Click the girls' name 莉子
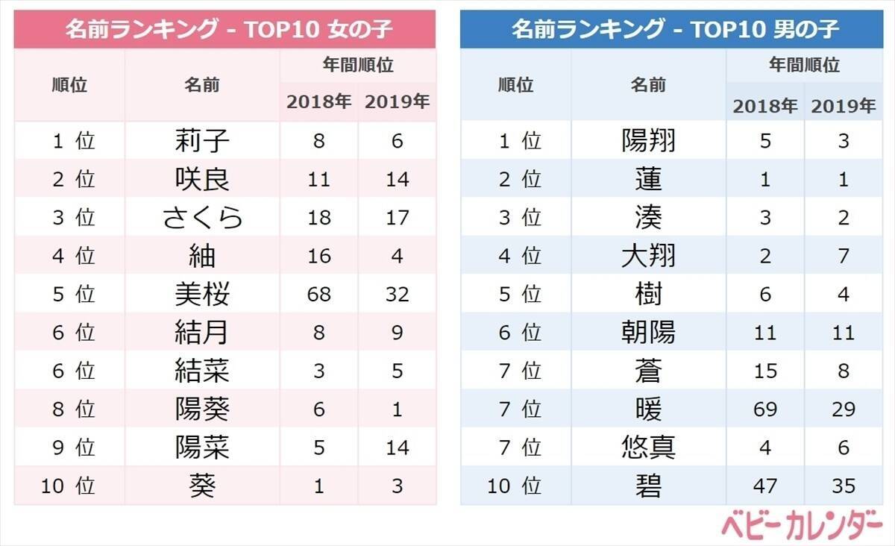[202, 140]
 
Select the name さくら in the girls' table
[202, 217]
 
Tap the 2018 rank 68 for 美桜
[318, 294]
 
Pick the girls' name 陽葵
[202, 409]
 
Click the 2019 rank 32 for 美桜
[398, 294]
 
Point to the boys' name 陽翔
[648, 140]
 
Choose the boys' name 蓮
[648, 179]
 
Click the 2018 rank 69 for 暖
[765, 409]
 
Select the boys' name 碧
[648, 486]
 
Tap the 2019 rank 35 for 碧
[844, 486]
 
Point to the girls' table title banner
[224, 30]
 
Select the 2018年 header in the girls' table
[318, 102]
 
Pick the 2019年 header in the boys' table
[844, 106]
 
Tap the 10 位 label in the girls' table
[69, 486]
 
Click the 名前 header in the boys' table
[648, 84]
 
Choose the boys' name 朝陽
[648, 332]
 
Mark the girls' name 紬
[202, 256]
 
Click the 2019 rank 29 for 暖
[844, 409]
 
